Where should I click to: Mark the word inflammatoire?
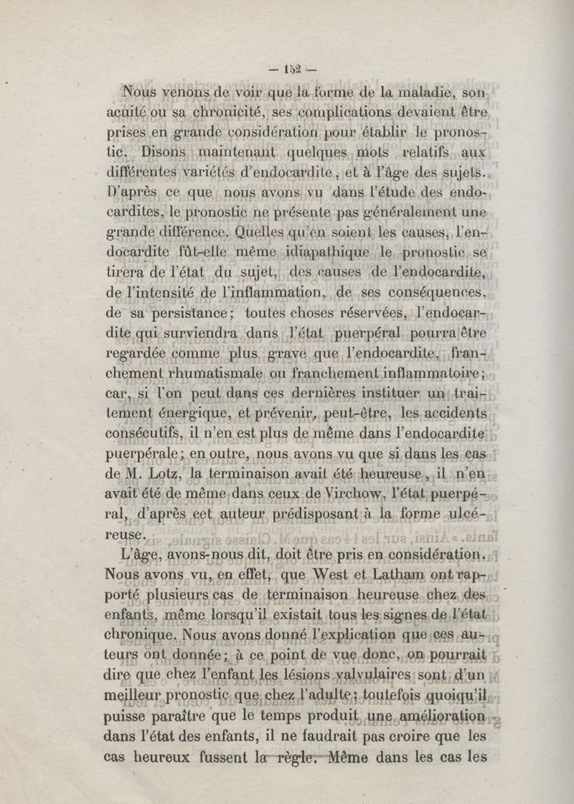[x=420, y=374]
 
